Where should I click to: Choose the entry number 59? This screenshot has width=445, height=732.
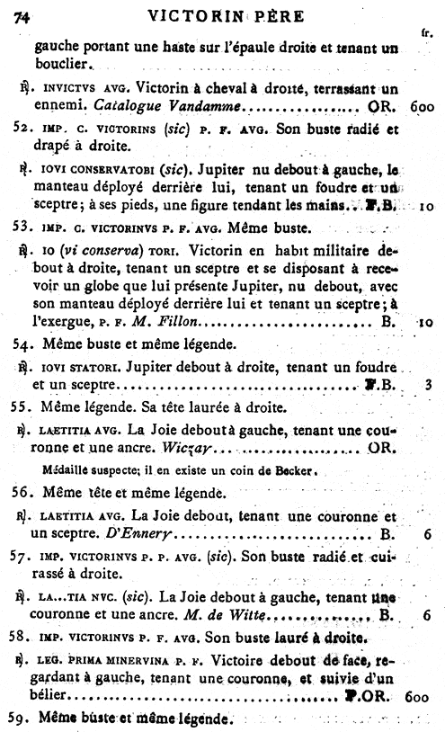(x=25, y=719)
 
